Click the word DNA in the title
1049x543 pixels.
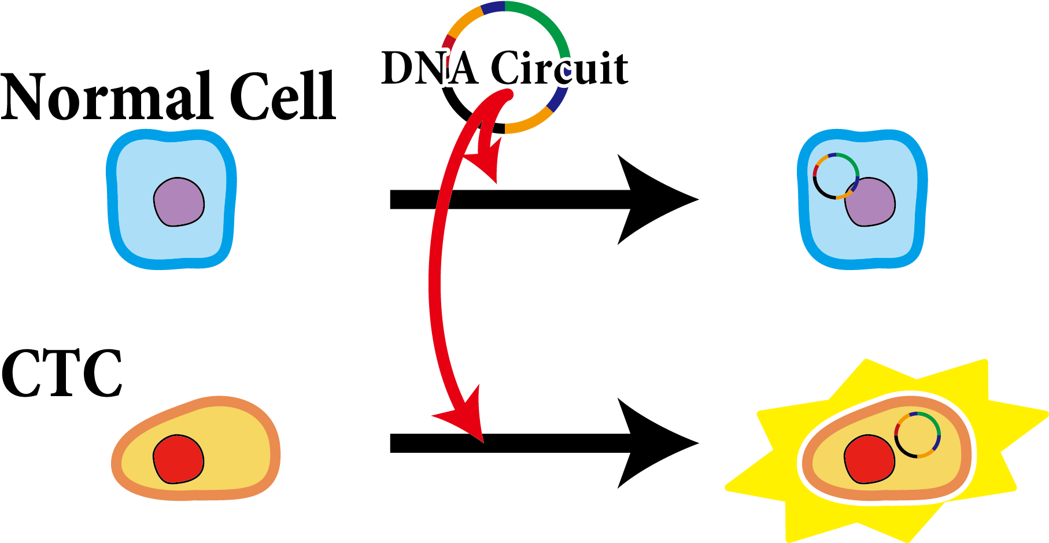(429, 68)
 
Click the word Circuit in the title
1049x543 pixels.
(560, 68)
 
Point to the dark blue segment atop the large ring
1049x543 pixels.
(493, 7)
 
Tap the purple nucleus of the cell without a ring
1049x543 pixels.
(179, 202)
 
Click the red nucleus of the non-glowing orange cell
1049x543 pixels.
(178, 459)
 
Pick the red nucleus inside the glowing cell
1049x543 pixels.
(869, 460)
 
